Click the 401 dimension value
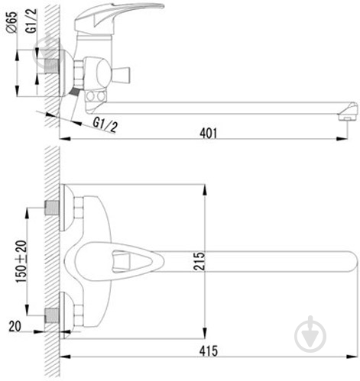pos(209,133)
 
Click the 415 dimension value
pos(209,351)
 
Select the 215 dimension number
pos(199,261)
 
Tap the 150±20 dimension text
pos(21,261)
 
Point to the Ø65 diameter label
pos(11,22)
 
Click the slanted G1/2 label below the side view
pos(105,124)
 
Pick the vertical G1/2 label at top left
pos(31,21)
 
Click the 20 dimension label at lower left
pos(15,326)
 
